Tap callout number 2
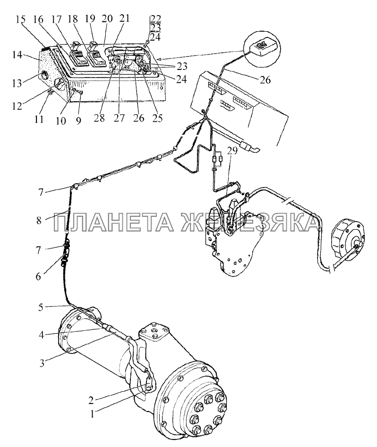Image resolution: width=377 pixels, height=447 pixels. pos(91,401)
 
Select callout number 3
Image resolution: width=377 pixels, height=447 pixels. pos(42,364)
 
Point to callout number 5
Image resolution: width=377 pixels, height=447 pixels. pos(41,308)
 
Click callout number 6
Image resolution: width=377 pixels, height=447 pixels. pos(38,276)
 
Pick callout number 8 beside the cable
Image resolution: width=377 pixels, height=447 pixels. pos(39,220)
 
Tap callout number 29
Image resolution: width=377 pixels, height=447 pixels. pos(232,151)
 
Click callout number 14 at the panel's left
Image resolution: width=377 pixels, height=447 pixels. pos(17,54)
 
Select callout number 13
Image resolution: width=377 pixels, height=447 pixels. pos(17,83)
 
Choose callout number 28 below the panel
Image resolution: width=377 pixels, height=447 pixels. pos(100,118)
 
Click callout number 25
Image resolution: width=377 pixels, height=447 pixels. pos(157,118)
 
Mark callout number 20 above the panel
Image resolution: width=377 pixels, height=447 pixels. pos(107,18)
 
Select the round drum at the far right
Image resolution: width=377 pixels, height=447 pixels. pos(348,238)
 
